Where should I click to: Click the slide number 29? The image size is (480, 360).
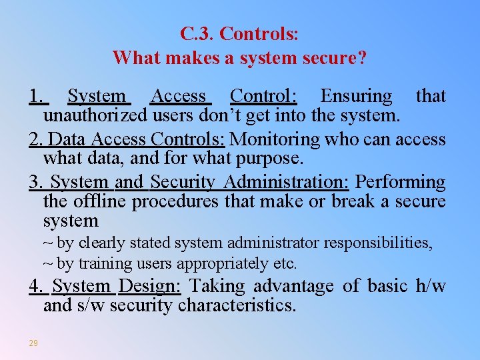tap(33, 343)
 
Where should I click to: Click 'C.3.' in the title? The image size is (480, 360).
tap(197, 33)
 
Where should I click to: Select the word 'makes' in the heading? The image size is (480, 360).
tap(189, 58)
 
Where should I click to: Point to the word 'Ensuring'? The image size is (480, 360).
tap(356, 96)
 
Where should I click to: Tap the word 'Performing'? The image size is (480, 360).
tap(400, 181)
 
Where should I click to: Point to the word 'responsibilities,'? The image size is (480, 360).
tap(382, 243)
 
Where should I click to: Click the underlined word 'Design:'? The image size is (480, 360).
tap(150, 286)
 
